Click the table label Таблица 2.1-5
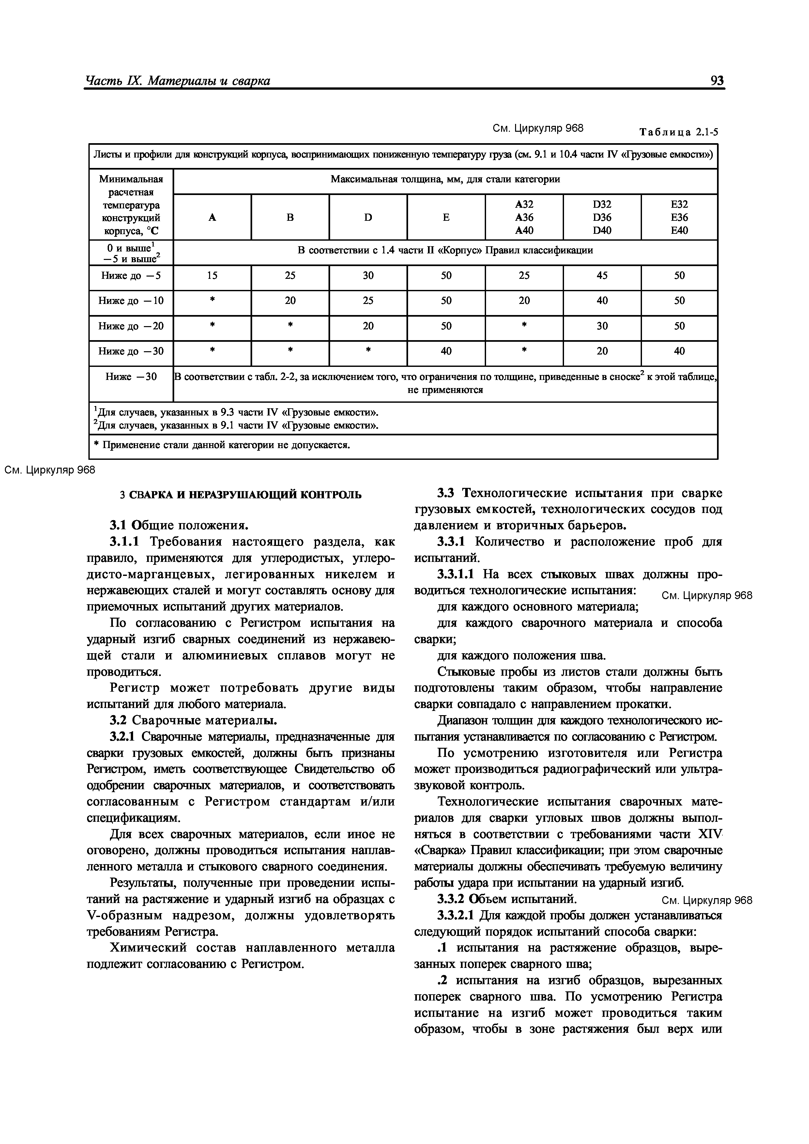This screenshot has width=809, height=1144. tap(679, 132)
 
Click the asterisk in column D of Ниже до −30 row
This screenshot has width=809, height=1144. tap(368, 351)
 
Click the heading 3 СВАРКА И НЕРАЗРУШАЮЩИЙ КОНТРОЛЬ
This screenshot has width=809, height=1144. tap(241, 495)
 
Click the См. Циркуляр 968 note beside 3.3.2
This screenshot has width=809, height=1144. tap(706, 900)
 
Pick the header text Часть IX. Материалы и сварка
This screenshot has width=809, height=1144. tap(178, 81)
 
